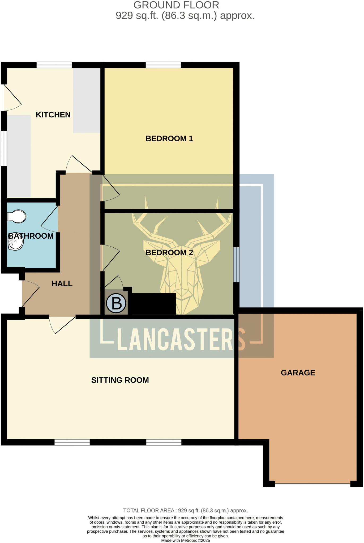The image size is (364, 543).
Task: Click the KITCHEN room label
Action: (53, 115)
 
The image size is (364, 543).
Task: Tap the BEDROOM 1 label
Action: (169, 138)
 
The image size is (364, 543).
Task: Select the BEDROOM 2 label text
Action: (169, 252)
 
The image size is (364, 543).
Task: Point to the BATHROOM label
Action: (31, 236)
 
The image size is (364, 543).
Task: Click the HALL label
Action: (62, 283)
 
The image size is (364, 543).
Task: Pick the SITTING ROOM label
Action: (120, 380)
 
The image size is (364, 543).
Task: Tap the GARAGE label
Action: (298, 373)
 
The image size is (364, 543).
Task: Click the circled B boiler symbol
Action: (116, 303)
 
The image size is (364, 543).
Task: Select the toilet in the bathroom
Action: (16, 216)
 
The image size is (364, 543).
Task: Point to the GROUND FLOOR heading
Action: (176, 5)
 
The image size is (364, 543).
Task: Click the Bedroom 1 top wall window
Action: (163, 65)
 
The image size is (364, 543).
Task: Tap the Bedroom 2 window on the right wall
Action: (236, 265)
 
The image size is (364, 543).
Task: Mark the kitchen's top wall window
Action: (54, 65)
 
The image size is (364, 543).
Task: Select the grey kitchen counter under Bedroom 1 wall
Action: (87, 100)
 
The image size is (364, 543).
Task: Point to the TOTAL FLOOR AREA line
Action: (185, 510)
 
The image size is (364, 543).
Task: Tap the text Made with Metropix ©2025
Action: (185, 540)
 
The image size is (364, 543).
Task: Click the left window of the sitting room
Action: (72, 442)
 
